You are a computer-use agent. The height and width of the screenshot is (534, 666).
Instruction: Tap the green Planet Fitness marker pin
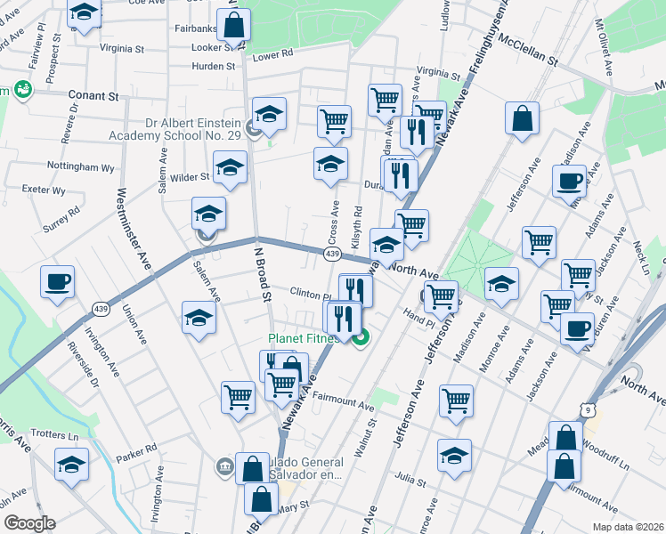(361, 338)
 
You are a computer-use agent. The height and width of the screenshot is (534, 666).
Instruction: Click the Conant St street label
(93, 95)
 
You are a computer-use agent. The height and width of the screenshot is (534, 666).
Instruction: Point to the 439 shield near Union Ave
(100, 309)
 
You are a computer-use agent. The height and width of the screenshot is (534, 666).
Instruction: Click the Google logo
(28, 523)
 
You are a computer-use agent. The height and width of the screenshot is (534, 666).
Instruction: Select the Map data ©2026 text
(628, 527)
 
